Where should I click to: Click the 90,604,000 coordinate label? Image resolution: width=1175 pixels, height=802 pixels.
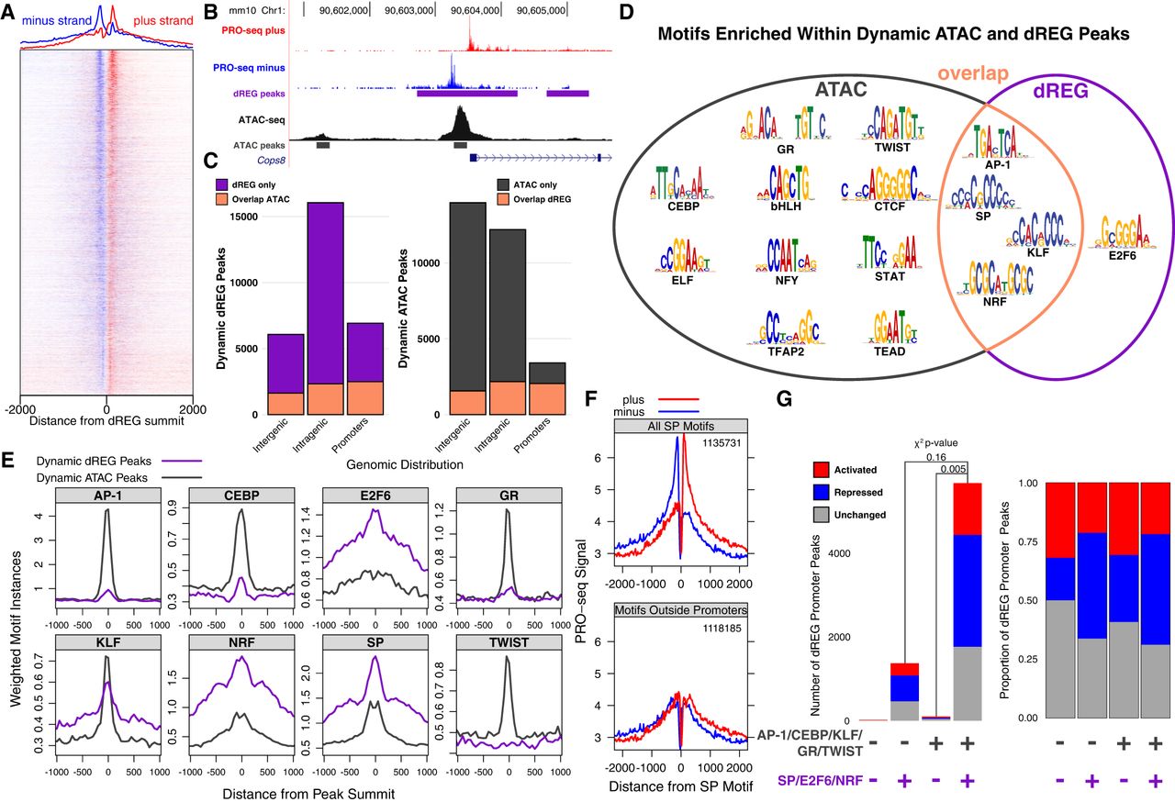(475, 10)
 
